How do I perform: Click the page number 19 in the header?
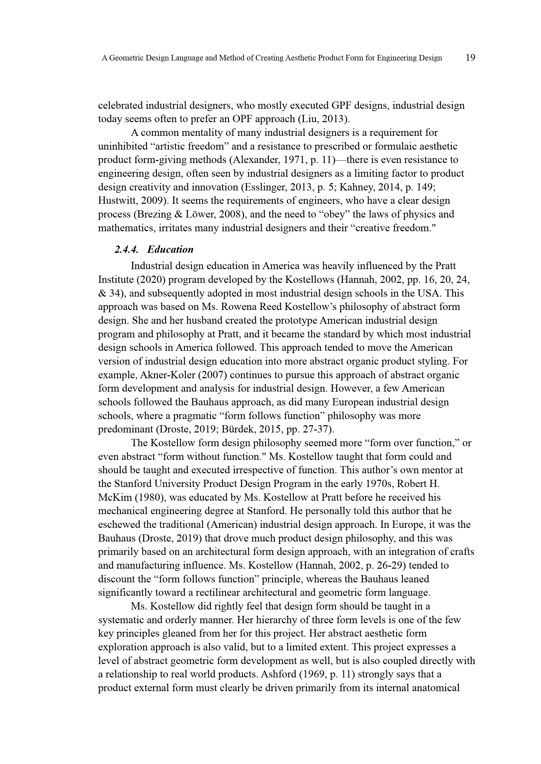[x=470, y=58]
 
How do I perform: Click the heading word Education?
[x=170, y=249]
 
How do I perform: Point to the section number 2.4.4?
[x=126, y=249]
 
